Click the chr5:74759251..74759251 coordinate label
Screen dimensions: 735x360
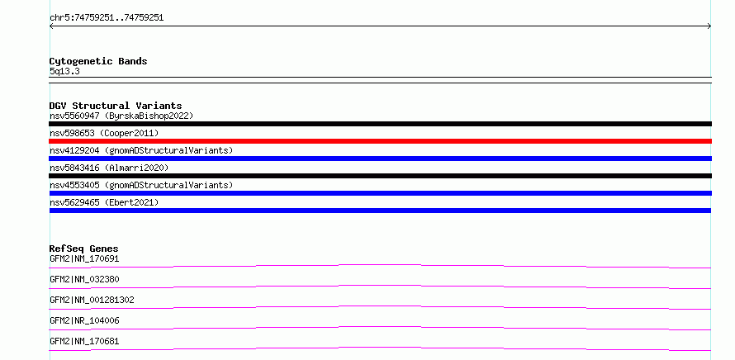(x=107, y=18)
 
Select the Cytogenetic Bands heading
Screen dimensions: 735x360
(x=98, y=61)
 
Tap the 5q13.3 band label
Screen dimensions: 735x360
(x=64, y=72)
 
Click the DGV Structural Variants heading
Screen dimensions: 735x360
(x=116, y=106)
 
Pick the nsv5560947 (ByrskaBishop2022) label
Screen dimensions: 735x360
(x=121, y=116)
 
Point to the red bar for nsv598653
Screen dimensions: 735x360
(x=380, y=141)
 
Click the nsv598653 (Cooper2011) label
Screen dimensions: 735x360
(x=104, y=133)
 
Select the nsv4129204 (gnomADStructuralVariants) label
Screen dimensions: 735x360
(x=141, y=150)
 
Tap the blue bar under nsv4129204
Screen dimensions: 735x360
(x=380, y=159)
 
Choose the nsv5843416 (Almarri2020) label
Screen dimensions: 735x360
(x=109, y=168)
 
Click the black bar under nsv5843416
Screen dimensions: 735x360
(x=380, y=176)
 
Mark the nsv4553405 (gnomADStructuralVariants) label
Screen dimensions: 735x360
(x=141, y=185)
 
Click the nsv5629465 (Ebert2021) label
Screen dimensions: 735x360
(x=104, y=202)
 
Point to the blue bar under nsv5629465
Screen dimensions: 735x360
(x=380, y=211)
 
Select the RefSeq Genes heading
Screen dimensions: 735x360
(x=84, y=249)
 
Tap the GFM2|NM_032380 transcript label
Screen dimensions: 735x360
(x=84, y=279)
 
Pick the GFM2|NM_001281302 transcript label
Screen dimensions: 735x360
(x=92, y=300)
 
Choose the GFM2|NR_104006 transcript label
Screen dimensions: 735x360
(x=84, y=320)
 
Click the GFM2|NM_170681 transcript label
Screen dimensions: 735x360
(x=84, y=341)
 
